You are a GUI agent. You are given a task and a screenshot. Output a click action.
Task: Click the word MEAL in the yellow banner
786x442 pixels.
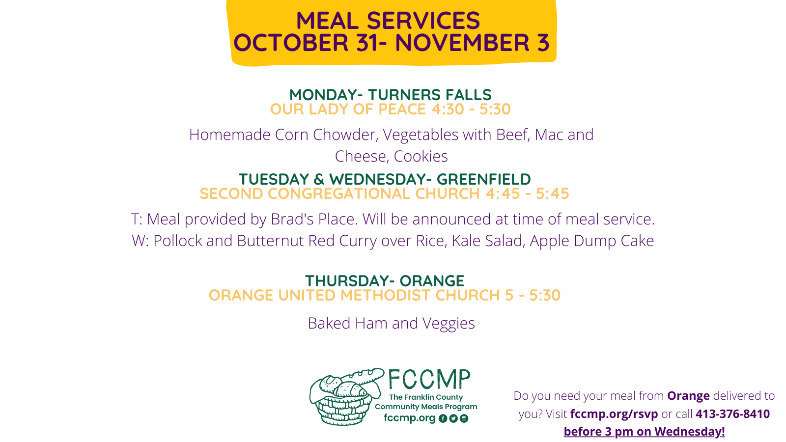[x=327, y=21]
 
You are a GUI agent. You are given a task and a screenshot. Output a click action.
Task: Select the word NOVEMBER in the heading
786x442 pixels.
[x=462, y=43]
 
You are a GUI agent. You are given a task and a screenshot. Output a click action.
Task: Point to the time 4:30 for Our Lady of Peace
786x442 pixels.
[x=448, y=109]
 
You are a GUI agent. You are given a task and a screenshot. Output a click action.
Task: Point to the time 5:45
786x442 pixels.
[x=552, y=193]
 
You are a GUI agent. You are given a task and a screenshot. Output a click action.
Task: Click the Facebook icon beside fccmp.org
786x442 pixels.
[x=443, y=418]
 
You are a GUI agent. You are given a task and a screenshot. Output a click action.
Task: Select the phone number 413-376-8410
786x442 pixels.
[x=732, y=414]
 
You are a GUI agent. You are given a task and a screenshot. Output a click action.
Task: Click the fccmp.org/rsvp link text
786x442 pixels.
[x=614, y=414]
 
